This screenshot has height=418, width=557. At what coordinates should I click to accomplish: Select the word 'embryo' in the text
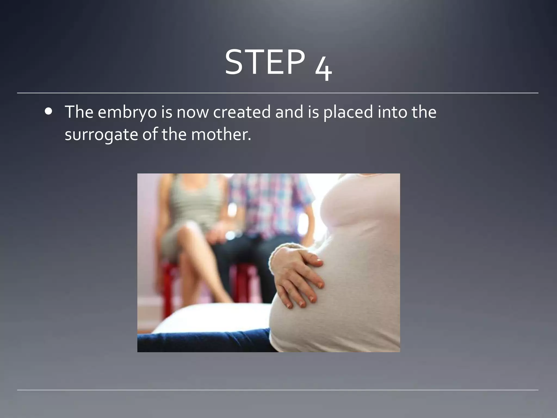[x=127, y=112]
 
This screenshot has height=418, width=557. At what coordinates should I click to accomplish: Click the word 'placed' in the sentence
[x=348, y=112]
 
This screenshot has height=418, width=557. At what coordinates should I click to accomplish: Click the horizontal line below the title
[x=277, y=93]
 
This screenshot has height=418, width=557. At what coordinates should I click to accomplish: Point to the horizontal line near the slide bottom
[x=277, y=390]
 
